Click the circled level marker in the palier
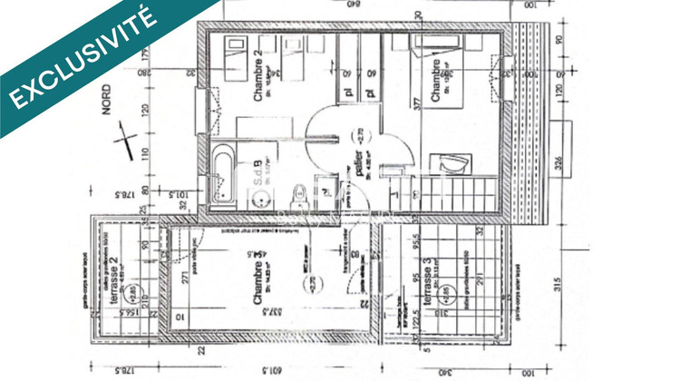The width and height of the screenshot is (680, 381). pyautogui.click(x=359, y=137)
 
